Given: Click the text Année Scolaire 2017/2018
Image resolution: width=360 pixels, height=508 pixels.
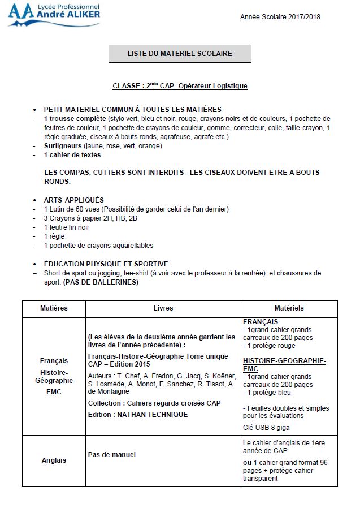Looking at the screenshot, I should point(280,17).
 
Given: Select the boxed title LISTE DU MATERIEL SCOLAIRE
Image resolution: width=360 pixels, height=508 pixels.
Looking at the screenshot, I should point(180,54).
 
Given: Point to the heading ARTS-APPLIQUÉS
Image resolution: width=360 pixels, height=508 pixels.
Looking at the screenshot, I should point(73,200).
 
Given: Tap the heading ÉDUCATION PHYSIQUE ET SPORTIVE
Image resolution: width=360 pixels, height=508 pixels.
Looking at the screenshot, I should point(106,264).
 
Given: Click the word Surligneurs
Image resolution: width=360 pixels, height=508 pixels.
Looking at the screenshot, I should point(63,145).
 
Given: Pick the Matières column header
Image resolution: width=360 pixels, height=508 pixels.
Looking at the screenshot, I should point(54,308).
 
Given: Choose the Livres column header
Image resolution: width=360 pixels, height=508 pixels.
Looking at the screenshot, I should point(163,308).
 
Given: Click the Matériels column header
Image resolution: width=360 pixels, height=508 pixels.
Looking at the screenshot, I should point(289,308).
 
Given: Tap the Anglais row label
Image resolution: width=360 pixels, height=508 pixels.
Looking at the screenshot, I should point(54,460).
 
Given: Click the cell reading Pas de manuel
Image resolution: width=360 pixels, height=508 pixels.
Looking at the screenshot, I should point(112,454).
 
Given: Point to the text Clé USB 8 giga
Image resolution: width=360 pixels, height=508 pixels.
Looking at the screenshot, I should point(266,428).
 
